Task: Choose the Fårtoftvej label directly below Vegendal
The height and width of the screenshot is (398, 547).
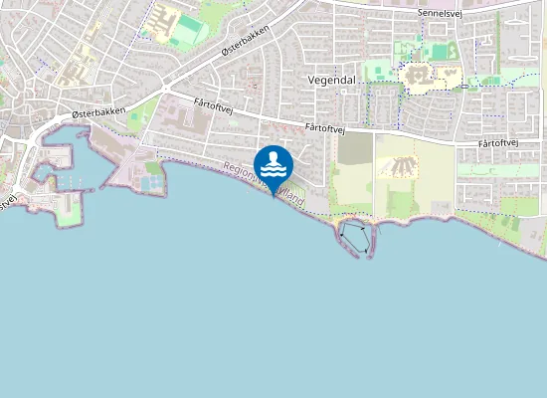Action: [325, 127]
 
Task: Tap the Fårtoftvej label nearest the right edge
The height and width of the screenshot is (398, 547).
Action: [501, 143]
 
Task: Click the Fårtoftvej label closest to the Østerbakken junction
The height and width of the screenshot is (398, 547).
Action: [213, 104]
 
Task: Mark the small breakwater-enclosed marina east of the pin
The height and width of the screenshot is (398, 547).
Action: [355, 237]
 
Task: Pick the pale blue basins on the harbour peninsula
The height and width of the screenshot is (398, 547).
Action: [151, 183]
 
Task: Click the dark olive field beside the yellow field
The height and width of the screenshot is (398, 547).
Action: [354, 149]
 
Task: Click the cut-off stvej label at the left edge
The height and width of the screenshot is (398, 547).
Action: [8, 199]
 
